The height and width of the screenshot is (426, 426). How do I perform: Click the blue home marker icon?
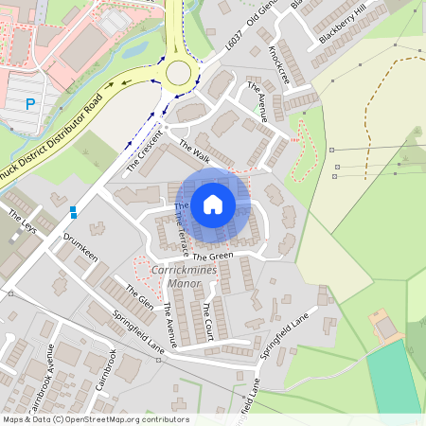[x=213, y=204]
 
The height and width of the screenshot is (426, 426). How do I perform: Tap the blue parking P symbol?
[x=30, y=104]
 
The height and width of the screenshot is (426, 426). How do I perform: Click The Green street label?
[x=212, y=256]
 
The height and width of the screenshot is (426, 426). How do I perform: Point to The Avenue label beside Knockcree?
[x=257, y=102]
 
